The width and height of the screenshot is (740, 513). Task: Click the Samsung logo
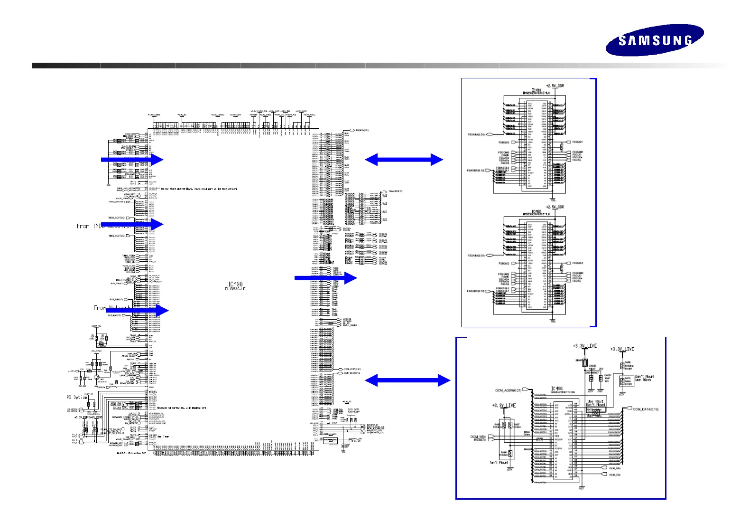coord(654,40)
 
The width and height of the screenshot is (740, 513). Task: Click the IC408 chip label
coord(235,284)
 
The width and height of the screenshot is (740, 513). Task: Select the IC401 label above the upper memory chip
coord(536,90)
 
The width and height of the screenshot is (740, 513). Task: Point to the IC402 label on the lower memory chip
coord(536,211)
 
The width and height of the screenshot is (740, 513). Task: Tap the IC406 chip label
coord(556,389)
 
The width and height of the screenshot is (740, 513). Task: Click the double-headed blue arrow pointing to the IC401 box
coord(404,160)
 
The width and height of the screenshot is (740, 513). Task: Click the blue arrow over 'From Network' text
coord(135,310)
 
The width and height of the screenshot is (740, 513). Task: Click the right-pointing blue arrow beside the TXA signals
coord(326,278)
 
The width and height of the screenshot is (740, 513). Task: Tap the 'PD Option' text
coord(77,397)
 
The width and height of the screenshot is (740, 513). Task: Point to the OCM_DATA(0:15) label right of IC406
coord(646,409)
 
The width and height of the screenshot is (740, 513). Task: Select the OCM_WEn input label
coord(478,437)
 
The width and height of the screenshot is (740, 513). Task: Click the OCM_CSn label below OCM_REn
coord(615,475)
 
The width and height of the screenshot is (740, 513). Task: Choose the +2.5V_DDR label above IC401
coord(555,85)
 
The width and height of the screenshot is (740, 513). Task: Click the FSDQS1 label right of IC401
coord(577,142)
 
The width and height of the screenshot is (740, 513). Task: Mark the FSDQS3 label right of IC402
coord(577,263)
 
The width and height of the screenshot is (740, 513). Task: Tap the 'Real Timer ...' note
coord(166,437)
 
